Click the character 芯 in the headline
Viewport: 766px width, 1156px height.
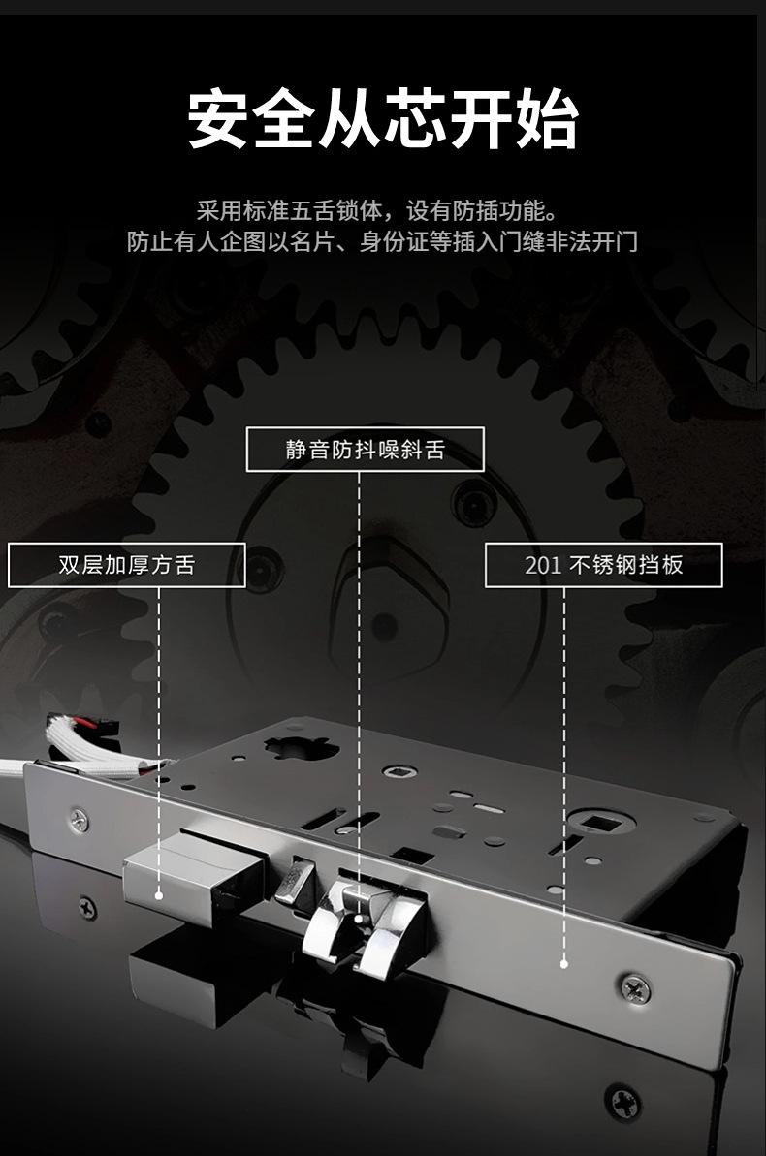416,120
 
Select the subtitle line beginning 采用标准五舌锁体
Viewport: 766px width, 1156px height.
382,209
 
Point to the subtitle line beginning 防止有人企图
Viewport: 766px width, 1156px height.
382,241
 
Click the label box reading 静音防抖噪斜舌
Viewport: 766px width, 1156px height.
365,450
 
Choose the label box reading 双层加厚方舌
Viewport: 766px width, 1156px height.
126,565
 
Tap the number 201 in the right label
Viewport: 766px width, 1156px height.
543,566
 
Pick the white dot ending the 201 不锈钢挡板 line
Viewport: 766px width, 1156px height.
563,963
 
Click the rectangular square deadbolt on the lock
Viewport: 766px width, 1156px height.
194,877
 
